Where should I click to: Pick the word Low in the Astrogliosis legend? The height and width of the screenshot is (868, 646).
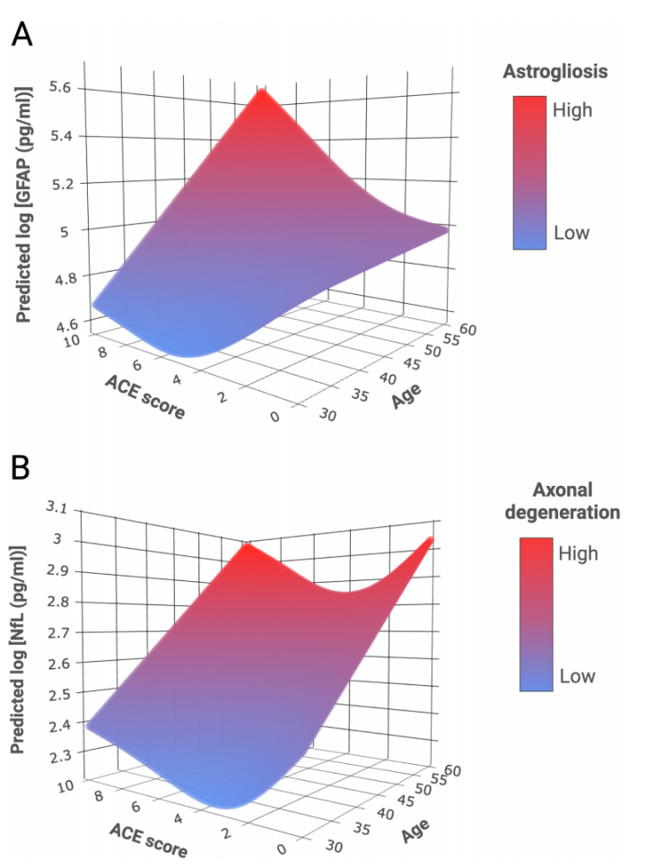[x=571, y=233]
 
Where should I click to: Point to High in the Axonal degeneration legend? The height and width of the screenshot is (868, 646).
[x=578, y=553]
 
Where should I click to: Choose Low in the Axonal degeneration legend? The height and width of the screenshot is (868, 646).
[x=577, y=675]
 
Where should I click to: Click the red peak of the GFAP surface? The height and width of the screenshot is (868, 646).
[x=261, y=91]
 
